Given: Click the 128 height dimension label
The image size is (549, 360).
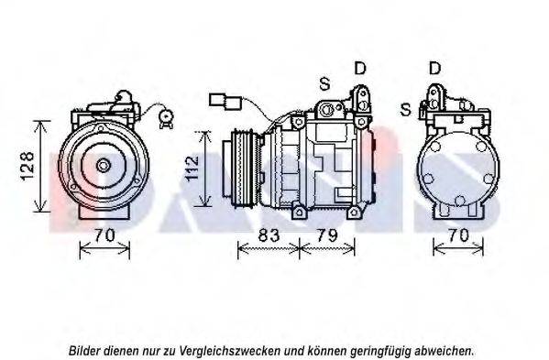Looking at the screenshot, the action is (27, 166).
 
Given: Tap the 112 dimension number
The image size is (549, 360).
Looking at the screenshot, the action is (192, 169).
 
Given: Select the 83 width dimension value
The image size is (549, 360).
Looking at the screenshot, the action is (269, 235).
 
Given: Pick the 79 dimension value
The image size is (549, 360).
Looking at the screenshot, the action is (326, 235).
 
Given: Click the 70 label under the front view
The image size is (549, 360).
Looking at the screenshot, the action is (104, 235).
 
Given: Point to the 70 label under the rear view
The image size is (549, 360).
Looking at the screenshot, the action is (457, 235).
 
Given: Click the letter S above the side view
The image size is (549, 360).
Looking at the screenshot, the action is (324, 84).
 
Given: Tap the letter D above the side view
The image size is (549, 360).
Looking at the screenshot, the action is (360, 68).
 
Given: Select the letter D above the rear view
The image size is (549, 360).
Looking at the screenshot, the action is (434, 68).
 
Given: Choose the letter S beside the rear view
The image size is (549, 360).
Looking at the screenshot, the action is (405, 110).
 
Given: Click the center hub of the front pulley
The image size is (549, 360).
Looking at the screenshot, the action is (104, 166).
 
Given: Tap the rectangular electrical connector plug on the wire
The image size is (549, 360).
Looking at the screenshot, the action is (225, 101).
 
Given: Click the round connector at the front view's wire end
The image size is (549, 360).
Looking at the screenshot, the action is (165, 115).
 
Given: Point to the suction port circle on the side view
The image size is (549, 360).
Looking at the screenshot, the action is (327, 110).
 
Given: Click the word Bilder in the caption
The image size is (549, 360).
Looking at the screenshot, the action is (83, 350).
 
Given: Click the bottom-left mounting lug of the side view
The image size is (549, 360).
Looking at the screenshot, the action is (299, 212).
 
